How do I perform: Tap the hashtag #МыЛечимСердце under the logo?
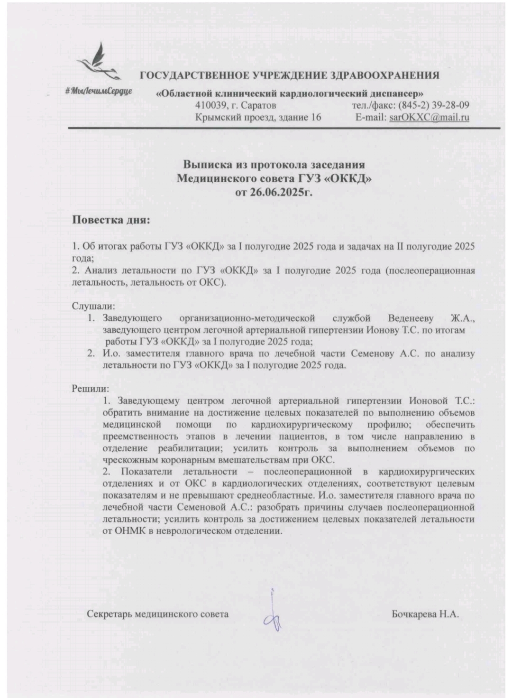[99, 91]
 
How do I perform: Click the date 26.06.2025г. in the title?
[274, 193]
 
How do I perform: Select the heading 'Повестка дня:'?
[110, 221]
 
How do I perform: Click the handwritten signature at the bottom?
[274, 613]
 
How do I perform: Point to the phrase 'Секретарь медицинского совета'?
[158, 614]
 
